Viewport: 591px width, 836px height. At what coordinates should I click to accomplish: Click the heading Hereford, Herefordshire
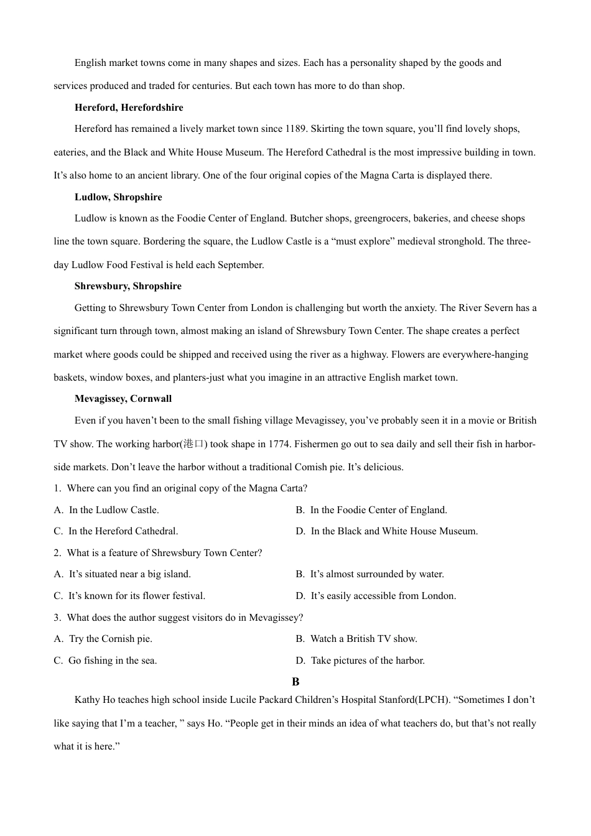click(129, 108)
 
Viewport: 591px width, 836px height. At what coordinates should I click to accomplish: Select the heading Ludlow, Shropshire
click(118, 197)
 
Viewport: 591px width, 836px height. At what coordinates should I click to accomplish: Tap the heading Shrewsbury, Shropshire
click(128, 286)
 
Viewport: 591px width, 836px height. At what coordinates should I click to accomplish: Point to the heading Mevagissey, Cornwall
click(123, 399)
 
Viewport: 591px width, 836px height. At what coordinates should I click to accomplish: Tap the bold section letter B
click(295, 682)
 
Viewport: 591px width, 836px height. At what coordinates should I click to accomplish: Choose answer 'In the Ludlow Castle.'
click(114, 510)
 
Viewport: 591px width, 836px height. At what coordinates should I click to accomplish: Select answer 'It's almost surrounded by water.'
click(377, 574)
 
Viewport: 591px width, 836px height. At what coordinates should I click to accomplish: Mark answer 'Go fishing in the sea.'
click(113, 661)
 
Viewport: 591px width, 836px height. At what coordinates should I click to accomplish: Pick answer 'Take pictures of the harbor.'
click(368, 661)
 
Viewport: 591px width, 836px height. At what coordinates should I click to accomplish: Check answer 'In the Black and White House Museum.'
click(394, 531)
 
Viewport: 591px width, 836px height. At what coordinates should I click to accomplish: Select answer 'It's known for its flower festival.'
click(137, 596)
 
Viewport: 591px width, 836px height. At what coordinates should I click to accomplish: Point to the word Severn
click(498, 308)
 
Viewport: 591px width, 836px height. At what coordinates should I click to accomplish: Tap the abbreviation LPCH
click(432, 700)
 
